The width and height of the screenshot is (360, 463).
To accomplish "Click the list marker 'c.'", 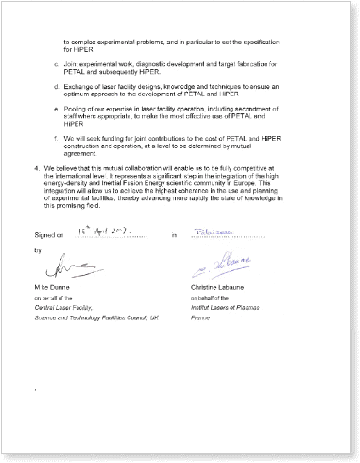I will (x=59, y=65).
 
